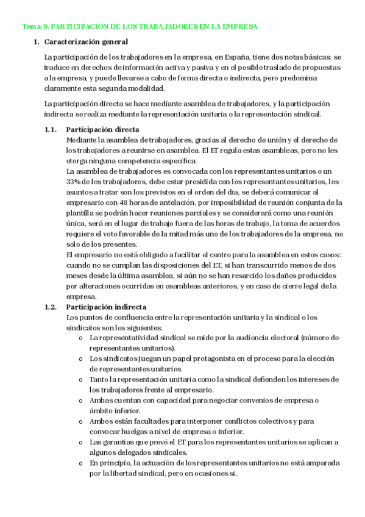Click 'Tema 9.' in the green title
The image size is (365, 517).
click(x=34, y=27)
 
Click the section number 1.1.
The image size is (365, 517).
click(x=51, y=130)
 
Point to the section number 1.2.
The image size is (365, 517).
click(x=51, y=307)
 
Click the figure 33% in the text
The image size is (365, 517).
click(x=74, y=182)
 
